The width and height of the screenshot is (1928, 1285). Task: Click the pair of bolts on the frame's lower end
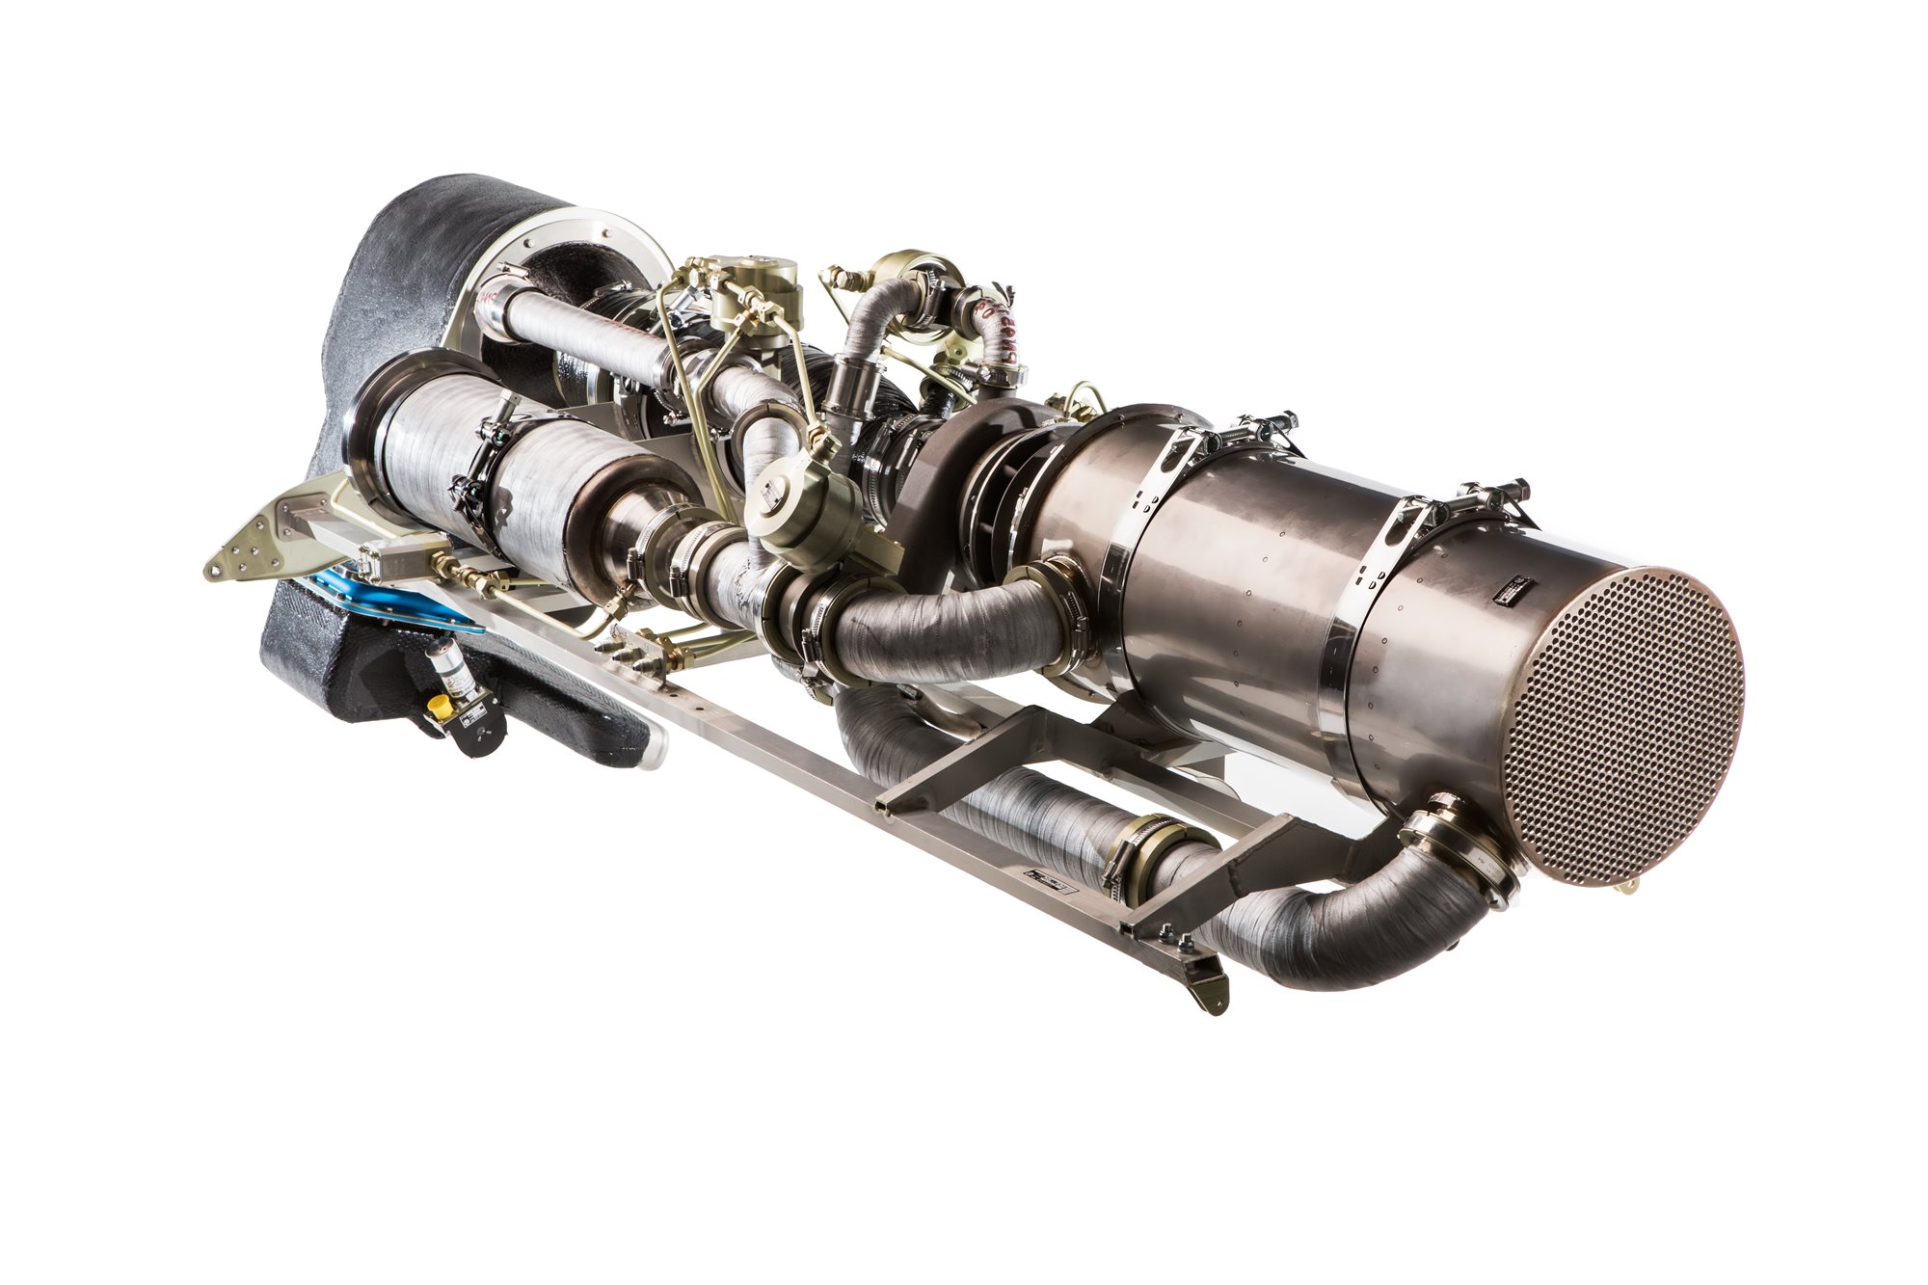point(1174,940)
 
